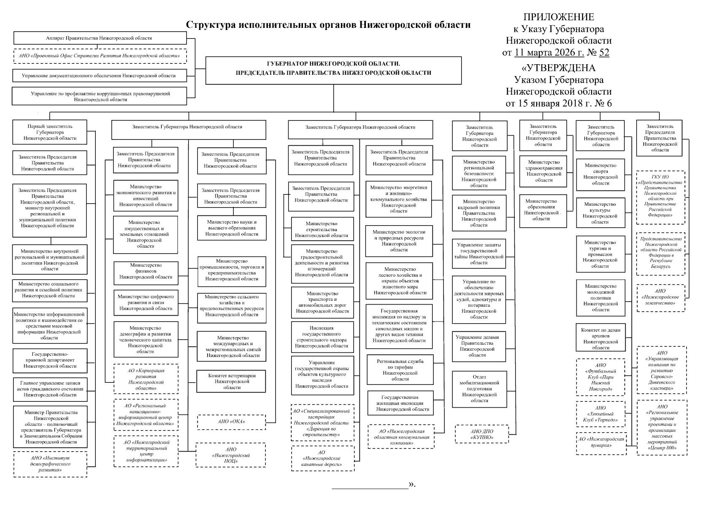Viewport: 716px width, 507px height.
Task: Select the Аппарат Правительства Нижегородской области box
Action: click(x=100, y=38)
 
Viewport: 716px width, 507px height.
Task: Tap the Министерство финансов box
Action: click(x=146, y=271)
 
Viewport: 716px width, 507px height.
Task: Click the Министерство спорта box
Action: click(x=600, y=174)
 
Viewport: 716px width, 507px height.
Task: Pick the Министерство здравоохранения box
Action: click(x=543, y=171)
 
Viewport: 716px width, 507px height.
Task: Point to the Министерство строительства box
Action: click(x=322, y=229)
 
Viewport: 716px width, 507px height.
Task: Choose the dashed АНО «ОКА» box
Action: click(x=232, y=421)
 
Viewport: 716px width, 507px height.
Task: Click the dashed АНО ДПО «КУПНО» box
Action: click(x=481, y=434)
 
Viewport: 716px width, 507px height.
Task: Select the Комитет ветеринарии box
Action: click(x=232, y=381)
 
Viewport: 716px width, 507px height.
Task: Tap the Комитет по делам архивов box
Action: click(x=600, y=339)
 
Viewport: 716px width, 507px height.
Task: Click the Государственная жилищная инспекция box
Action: click(x=400, y=403)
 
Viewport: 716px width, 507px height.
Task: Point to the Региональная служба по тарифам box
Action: click(x=400, y=370)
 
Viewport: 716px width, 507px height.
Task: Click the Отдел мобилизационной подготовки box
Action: click(x=479, y=389)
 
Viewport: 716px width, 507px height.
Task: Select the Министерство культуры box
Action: click(x=600, y=213)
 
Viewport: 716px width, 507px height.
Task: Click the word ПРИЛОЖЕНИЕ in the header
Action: click(x=559, y=17)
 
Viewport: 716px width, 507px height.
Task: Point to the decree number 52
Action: click(x=604, y=53)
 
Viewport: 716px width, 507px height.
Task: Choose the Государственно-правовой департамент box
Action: click(x=50, y=360)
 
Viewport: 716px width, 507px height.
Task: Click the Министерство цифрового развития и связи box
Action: click(x=146, y=303)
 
